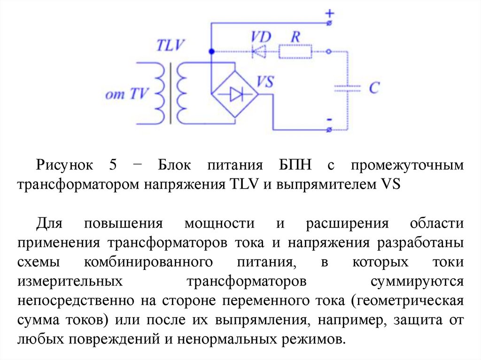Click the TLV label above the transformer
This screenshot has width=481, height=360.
click(x=171, y=46)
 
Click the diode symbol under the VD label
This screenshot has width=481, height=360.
click(x=259, y=51)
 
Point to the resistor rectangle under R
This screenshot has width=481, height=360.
click(x=295, y=51)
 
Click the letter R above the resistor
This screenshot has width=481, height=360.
click(x=296, y=36)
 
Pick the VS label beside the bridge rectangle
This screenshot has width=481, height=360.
click(x=266, y=83)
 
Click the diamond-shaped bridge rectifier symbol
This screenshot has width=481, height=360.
click(x=234, y=94)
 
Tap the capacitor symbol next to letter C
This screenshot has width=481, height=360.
click(x=347, y=88)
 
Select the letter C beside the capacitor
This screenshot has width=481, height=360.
click(x=374, y=88)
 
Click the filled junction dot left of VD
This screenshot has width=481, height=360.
click(x=211, y=51)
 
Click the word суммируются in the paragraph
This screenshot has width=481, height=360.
click(x=417, y=281)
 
